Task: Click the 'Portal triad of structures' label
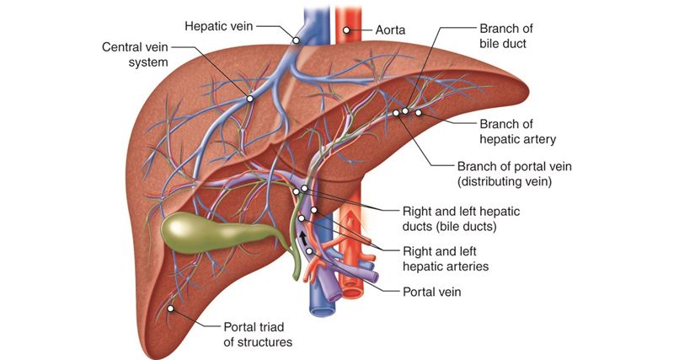tap(257, 334)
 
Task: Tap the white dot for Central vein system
tap(249, 99)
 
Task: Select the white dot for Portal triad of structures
tap(171, 309)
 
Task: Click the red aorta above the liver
tap(346, 21)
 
